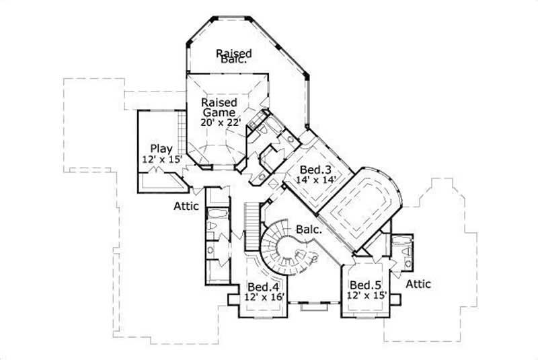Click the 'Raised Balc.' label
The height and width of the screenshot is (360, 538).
click(x=233, y=56)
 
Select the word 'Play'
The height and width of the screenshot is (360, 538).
click(x=161, y=149)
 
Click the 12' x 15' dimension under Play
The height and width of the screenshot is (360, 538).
click(x=161, y=159)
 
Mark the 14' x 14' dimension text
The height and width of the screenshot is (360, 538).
click(x=316, y=180)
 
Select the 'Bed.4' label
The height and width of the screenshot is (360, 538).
click(x=259, y=285)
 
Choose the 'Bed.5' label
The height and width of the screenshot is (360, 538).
click(x=363, y=285)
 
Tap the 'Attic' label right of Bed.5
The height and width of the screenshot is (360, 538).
click(x=418, y=284)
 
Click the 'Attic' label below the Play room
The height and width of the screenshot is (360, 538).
click(x=185, y=206)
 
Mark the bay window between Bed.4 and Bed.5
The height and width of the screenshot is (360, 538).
click(x=314, y=306)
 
